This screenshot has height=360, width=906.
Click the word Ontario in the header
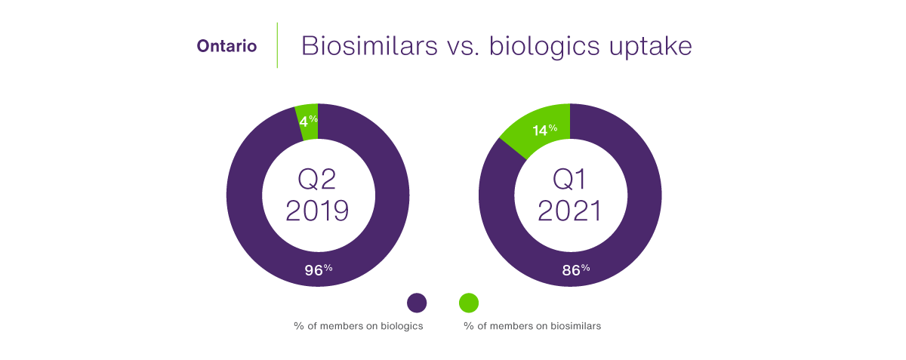(226, 46)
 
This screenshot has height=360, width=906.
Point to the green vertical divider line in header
(277, 45)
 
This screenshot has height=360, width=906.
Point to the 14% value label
(543, 130)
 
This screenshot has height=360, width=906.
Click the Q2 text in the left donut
(317, 179)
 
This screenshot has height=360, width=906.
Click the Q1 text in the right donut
(570, 179)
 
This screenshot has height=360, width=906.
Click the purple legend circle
(417, 303)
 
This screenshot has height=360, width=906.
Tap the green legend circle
(469, 303)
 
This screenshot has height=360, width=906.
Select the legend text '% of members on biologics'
(358, 326)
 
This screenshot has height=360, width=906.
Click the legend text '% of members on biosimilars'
(532, 326)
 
